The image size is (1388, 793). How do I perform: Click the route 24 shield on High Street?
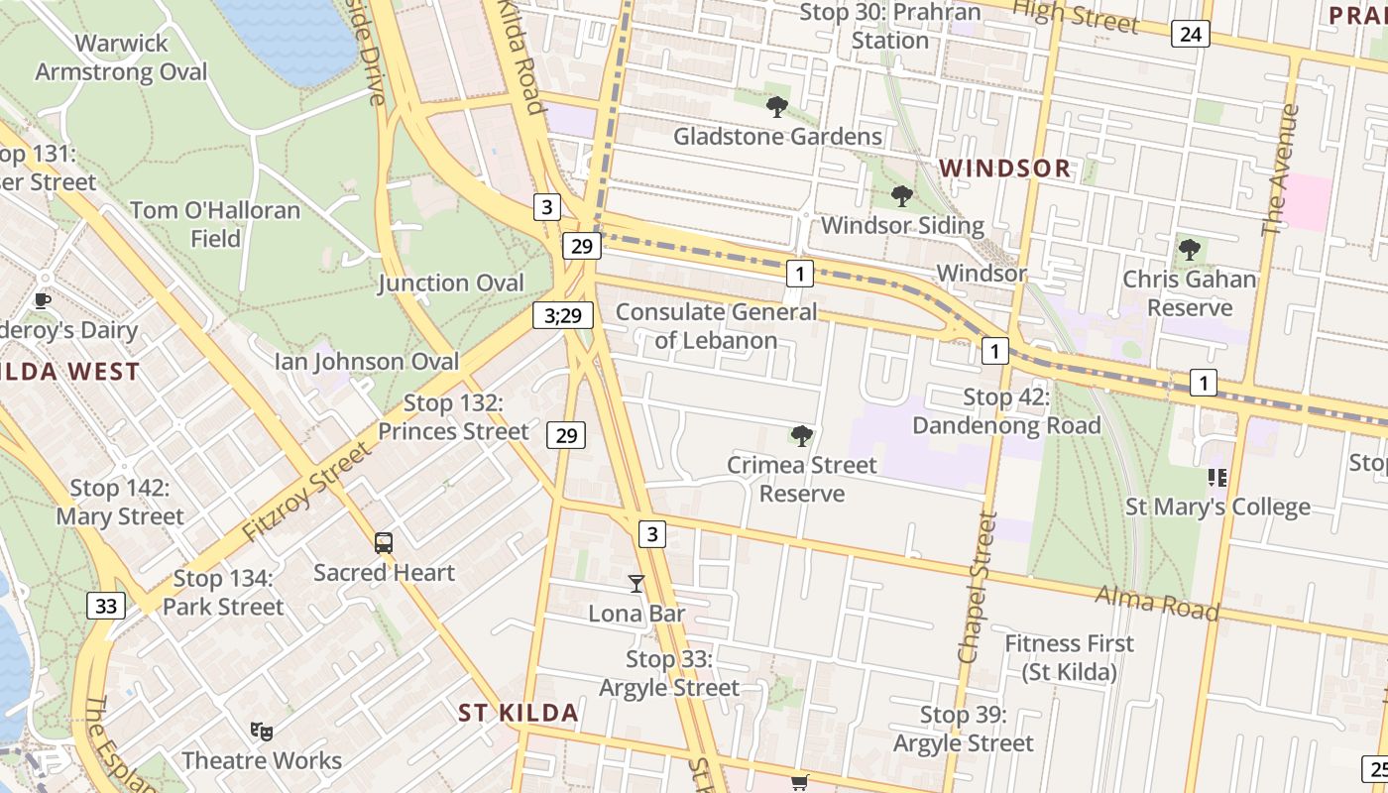click(1190, 35)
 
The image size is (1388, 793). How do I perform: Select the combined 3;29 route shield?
click(562, 315)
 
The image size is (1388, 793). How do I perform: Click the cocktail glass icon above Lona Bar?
click(636, 584)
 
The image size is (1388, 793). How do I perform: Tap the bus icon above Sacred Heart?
click(384, 542)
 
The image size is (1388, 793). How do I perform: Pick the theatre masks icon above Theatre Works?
click(261, 732)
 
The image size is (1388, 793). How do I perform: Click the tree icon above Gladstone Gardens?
click(777, 106)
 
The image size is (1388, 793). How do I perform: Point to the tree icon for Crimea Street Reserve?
click(802, 435)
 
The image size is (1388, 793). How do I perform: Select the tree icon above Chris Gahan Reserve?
click(1189, 250)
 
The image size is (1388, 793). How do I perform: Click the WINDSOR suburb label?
click(1005, 169)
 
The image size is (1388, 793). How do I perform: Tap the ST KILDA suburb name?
click(519, 713)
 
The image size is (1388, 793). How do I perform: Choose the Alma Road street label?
click(1157, 602)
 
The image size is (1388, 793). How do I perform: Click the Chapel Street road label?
click(976, 587)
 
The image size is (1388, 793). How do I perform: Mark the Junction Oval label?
click(451, 283)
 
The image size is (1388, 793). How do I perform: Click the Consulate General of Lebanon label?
click(717, 326)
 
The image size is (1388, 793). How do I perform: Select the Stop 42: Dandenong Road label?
click(1006, 411)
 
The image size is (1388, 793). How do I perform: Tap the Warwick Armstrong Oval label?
click(122, 57)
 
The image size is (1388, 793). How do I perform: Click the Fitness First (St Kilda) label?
click(1070, 657)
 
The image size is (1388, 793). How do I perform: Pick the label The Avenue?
click(1280, 170)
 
